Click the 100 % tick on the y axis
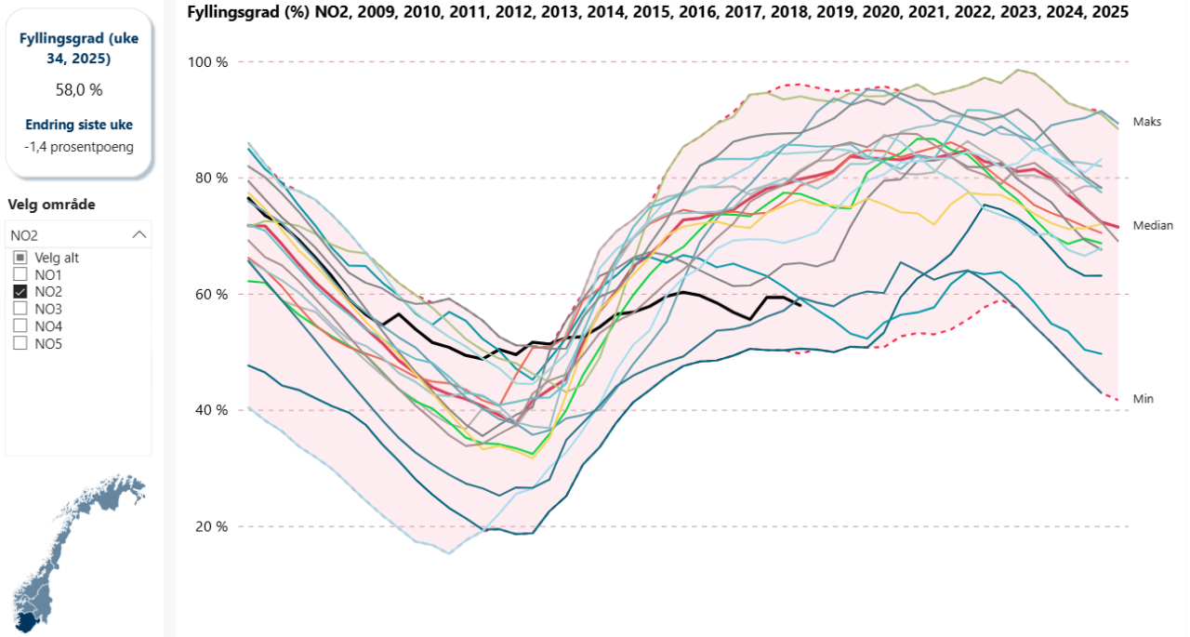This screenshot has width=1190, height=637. pyautogui.click(x=208, y=62)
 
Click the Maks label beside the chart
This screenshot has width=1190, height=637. pyautogui.click(x=1146, y=122)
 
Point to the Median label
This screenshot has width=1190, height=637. pyautogui.click(x=1153, y=225)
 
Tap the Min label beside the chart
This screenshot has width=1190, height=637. pyautogui.click(x=1144, y=398)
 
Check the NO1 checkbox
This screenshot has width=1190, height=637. pyautogui.click(x=20, y=274)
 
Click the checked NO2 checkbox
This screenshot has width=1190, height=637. pyautogui.click(x=20, y=291)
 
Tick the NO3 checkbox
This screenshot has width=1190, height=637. pyautogui.click(x=20, y=309)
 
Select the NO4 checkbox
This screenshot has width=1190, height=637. pyautogui.click(x=20, y=325)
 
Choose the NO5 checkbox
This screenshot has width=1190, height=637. pyautogui.click(x=20, y=343)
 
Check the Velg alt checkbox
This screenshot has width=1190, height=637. pyautogui.click(x=20, y=258)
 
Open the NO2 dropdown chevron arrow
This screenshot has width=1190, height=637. pyautogui.click(x=139, y=235)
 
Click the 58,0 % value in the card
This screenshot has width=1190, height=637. pyautogui.click(x=78, y=90)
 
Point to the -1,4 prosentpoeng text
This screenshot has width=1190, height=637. pyautogui.click(x=78, y=146)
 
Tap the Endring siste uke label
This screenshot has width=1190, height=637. pyautogui.click(x=78, y=125)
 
